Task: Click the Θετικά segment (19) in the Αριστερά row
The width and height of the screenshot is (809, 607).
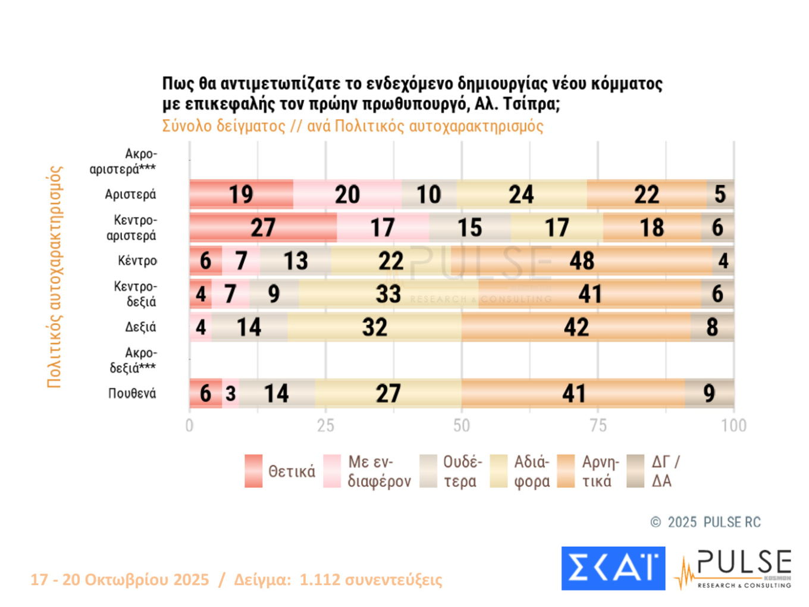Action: (241, 195)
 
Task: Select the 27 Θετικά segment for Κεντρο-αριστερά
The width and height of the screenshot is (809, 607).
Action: (263, 227)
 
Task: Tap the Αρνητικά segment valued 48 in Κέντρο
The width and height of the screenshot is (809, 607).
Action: (581, 261)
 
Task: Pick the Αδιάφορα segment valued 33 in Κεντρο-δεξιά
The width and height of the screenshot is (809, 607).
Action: (388, 294)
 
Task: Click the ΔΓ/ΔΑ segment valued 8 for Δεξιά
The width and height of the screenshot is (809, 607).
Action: (712, 327)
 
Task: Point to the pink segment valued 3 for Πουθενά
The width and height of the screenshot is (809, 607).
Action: (231, 393)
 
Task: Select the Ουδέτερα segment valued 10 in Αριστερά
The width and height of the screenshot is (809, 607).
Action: (429, 195)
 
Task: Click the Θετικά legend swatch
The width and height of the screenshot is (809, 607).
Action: (253, 471)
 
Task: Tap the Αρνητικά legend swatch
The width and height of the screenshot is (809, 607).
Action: (566, 471)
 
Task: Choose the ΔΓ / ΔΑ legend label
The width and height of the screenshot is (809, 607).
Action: (665, 471)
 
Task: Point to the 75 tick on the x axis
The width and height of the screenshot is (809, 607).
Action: (598, 425)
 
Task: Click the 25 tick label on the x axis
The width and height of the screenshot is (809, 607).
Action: (325, 425)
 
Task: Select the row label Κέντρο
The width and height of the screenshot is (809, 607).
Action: (137, 261)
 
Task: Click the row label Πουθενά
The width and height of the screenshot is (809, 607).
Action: (132, 393)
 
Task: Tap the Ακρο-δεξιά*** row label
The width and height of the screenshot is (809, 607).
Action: (133, 360)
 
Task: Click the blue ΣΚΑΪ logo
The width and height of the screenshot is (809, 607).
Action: (613, 568)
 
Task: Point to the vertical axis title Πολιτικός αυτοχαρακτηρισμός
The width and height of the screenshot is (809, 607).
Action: (54, 277)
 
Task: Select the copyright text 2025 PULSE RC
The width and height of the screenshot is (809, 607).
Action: (713, 522)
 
